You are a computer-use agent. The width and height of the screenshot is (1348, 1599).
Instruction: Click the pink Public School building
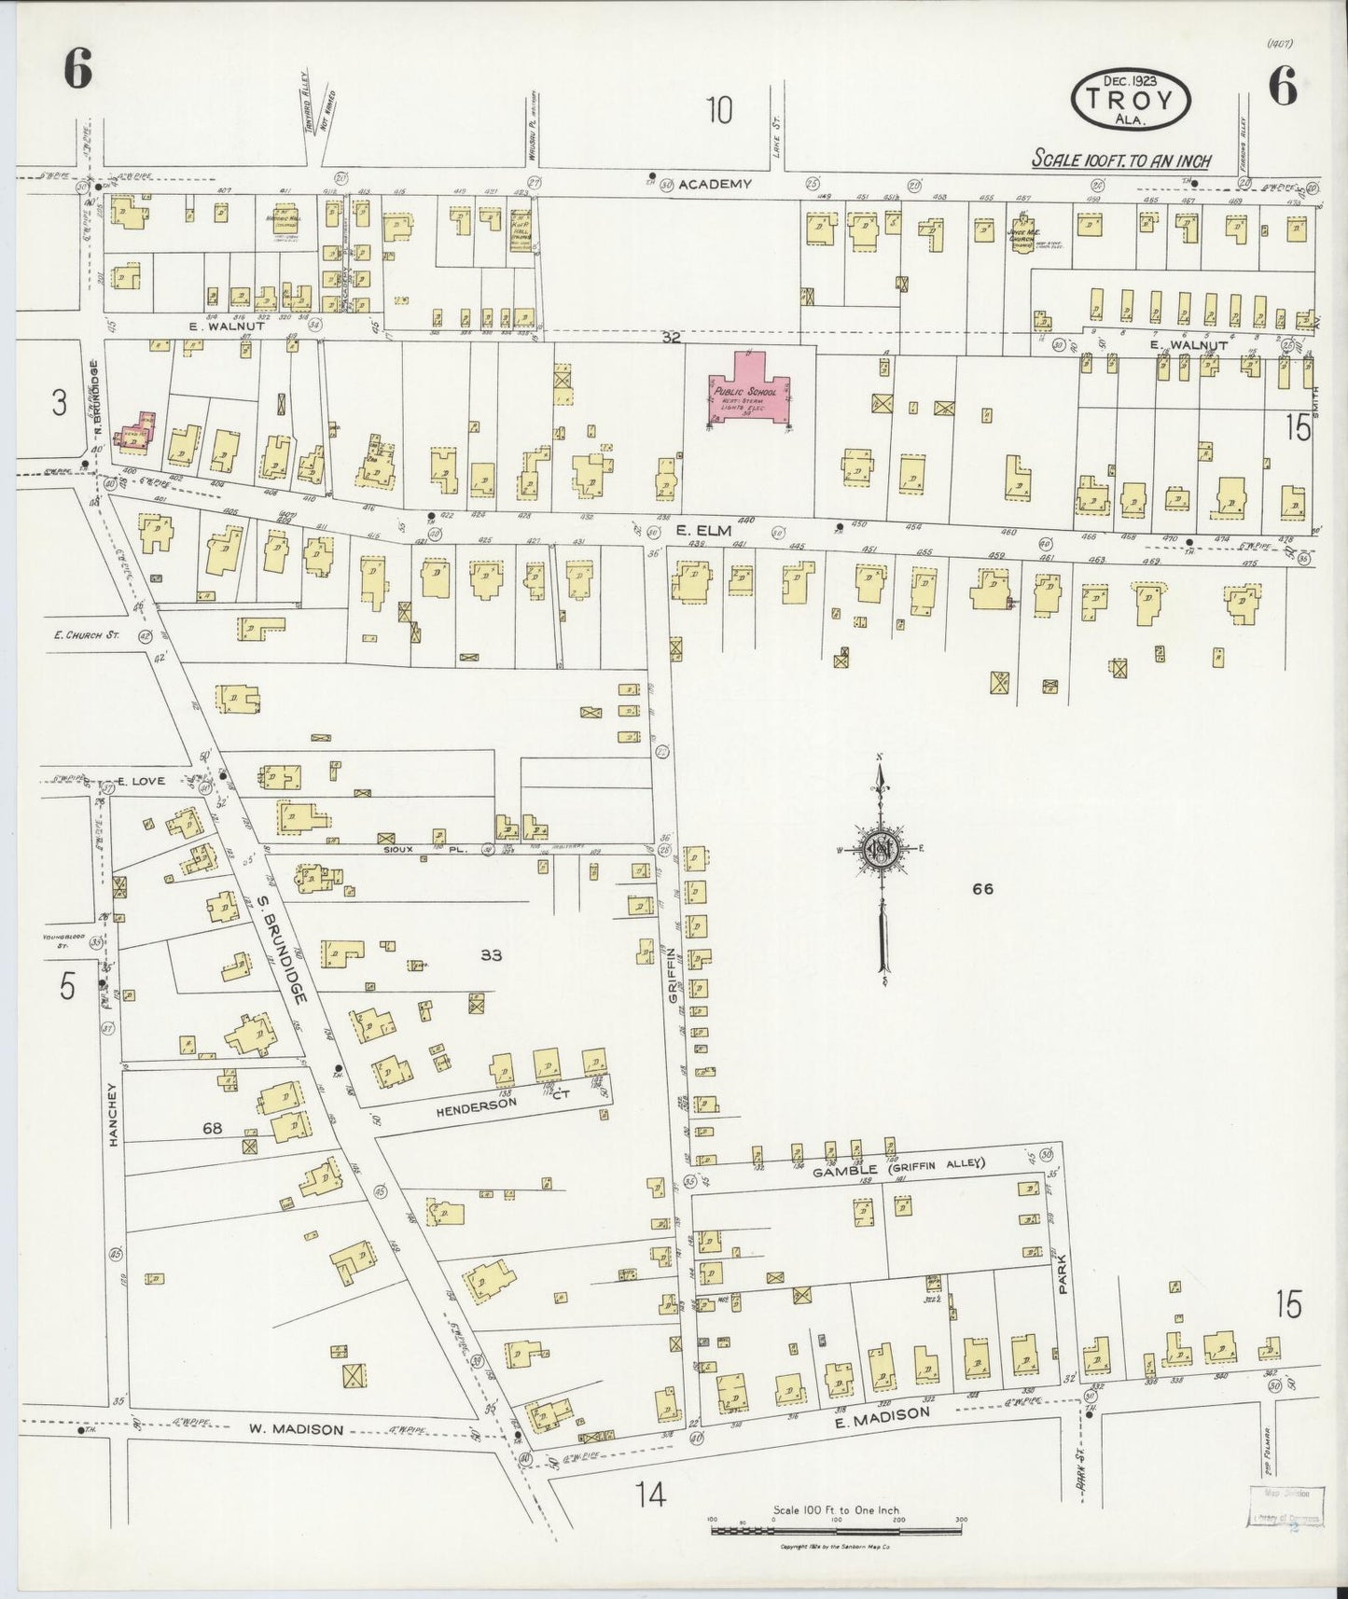point(749,392)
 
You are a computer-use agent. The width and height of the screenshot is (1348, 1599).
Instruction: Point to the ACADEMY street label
point(715,185)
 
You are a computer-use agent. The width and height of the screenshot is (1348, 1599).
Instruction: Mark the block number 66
point(982,889)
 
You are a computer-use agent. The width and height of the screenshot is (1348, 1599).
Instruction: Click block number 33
point(492,954)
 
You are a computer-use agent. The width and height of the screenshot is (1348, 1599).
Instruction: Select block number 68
point(213,1129)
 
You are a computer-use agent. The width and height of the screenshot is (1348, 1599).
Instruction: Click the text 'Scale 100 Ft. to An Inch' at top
point(1120,160)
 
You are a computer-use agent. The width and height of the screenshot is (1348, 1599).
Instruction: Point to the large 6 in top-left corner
point(77,69)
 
